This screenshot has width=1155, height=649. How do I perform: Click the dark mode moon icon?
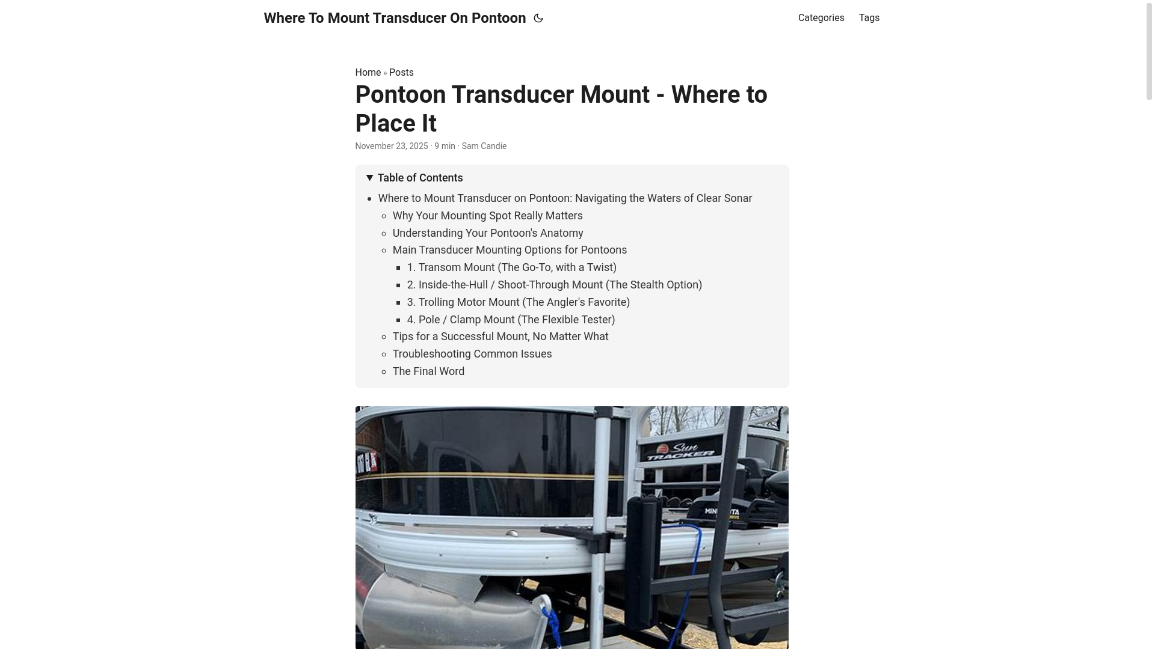(538, 18)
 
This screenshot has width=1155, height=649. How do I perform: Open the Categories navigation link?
(821, 18)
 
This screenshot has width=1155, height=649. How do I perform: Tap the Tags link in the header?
(869, 18)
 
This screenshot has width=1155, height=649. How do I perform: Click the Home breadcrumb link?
(368, 73)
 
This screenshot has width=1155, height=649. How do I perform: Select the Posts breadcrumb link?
(401, 73)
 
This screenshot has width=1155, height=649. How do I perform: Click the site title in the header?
(395, 18)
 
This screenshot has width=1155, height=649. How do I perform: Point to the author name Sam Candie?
(484, 146)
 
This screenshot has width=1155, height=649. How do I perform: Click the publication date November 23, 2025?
(391, 146)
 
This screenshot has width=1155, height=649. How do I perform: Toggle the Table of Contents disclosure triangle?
(370, 178)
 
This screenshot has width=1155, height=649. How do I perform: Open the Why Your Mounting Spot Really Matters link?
(487, 216)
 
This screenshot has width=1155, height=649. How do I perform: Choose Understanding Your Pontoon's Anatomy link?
(487, 233)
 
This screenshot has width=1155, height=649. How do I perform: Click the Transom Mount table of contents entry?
(511, 267)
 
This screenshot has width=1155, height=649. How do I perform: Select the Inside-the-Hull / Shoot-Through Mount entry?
(554, 285)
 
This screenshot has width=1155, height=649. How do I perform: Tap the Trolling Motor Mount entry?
(518, 302)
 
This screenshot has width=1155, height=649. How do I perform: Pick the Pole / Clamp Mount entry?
(511, 320)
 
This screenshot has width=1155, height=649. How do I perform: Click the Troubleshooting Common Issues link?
(472, 354)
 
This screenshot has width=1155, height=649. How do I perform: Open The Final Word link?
(428, 371)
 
